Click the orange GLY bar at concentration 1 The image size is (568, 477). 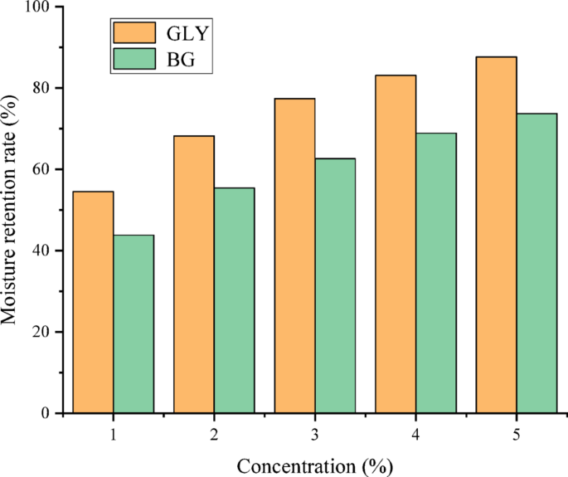click(93, 302)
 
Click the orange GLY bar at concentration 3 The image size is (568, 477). click(294, 256)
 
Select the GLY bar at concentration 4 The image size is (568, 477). click(396, 244)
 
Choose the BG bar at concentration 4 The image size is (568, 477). click(436, 273)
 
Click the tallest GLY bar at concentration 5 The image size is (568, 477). click(496, 235)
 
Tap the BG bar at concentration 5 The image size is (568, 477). click(536, 263)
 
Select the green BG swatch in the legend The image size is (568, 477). click(134, 59)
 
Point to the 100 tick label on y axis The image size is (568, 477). click(39, 7)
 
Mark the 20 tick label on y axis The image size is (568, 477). click(43, 332)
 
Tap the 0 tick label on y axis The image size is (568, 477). click(47, 413)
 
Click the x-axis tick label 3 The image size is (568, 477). click(314, 434)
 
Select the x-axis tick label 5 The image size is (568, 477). click(516, 434)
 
